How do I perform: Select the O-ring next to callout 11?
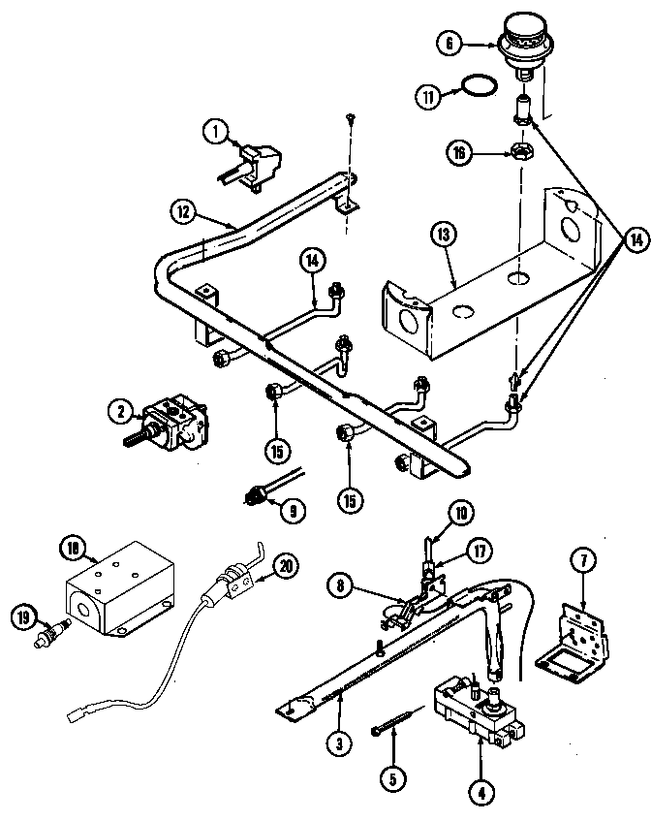[474, 90]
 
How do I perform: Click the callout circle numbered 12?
[186, 208]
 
